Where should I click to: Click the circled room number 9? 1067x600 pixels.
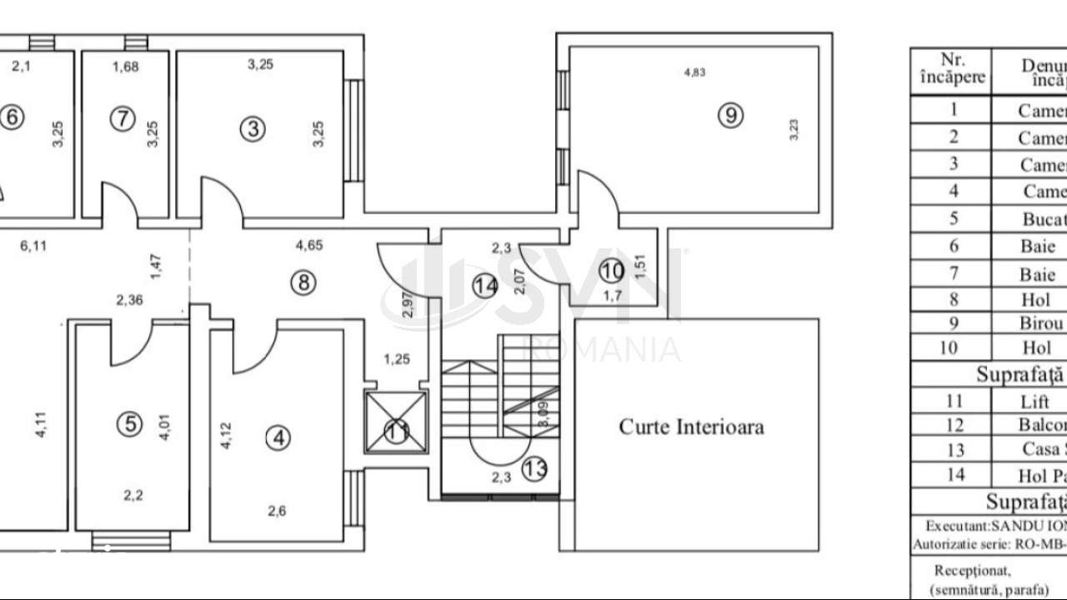coord(730,116)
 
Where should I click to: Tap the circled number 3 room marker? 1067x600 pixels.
coord(253,128)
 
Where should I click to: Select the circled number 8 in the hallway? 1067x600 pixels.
coord(303,282)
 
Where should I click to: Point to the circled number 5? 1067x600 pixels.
coord(129,424)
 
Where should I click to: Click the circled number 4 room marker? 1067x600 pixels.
coord(278,437)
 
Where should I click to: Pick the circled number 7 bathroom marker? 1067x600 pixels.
coord(123,118)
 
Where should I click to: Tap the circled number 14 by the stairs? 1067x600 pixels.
coord(485,286)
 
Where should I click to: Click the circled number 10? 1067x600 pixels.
coord(612,271)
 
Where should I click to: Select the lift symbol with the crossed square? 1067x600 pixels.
coord(396,422)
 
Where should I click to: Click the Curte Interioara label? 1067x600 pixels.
coord(691,427)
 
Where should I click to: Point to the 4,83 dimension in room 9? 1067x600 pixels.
coord(694,72)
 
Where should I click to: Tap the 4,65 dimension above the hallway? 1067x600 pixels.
coord(309,246)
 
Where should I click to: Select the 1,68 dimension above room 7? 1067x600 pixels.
coord(125,67)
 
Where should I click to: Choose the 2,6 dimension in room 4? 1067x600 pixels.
coord(277,512)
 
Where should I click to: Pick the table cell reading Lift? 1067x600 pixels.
coord(1029,402)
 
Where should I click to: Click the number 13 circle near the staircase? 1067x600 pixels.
coord(534,468)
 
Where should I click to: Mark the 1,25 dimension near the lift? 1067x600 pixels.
coord(397,360)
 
